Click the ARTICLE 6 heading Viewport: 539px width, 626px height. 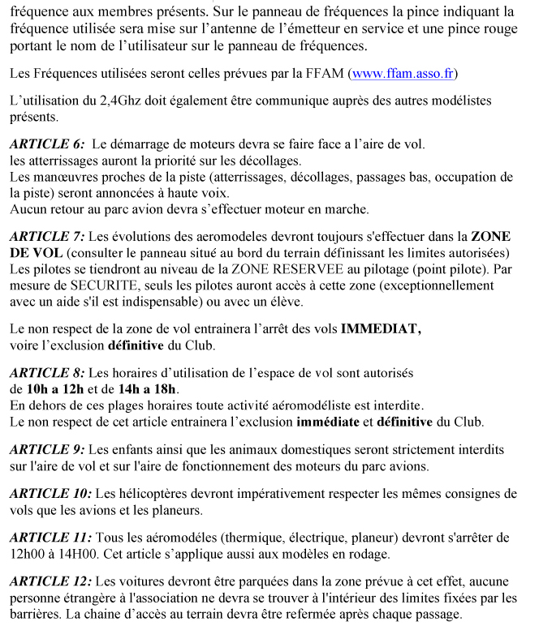[x=47, y=144]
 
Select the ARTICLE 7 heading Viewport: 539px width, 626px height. [x=47, y=237]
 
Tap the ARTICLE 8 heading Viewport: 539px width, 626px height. [x=47, y=373]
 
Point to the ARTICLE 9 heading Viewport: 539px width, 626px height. [x=47, y=449]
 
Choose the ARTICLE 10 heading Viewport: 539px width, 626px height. [x=50, y=493]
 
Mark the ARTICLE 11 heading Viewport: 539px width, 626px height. [x=50, y=537]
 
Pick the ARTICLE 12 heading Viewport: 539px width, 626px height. [x=50, y=582]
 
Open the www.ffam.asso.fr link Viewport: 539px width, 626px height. [x=402, y=74]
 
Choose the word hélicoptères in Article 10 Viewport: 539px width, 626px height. [x=157, y=493]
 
